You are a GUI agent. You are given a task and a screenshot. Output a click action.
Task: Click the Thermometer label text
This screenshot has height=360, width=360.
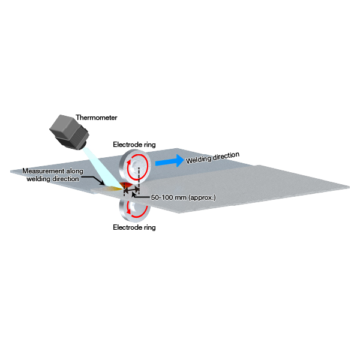(x=97, y=118)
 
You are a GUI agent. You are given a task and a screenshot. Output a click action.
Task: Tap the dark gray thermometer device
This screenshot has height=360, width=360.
(x=70, y=131)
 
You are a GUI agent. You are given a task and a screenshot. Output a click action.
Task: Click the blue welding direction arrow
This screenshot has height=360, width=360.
(x=169, y=161)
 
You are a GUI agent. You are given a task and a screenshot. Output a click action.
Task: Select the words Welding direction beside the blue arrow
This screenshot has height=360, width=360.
(x=212, y=158)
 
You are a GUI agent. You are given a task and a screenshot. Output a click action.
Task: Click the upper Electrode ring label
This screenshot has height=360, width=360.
(x=134, y=145)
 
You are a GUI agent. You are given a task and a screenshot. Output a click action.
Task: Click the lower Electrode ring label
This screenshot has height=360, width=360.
(x=134, y=227)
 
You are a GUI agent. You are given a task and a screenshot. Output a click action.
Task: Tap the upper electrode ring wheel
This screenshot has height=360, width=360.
(x=135, y=166)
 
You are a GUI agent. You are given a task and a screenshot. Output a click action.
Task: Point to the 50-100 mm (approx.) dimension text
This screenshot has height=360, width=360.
(x=183, y=197)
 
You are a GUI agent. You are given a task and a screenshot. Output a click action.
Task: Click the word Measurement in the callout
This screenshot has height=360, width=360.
(x=43, y=171)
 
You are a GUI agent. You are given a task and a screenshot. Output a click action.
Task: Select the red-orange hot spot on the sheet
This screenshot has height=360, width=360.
(x=126, y=185)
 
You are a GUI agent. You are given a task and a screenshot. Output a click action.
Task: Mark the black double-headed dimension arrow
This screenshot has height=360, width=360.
(x=131, y=190)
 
